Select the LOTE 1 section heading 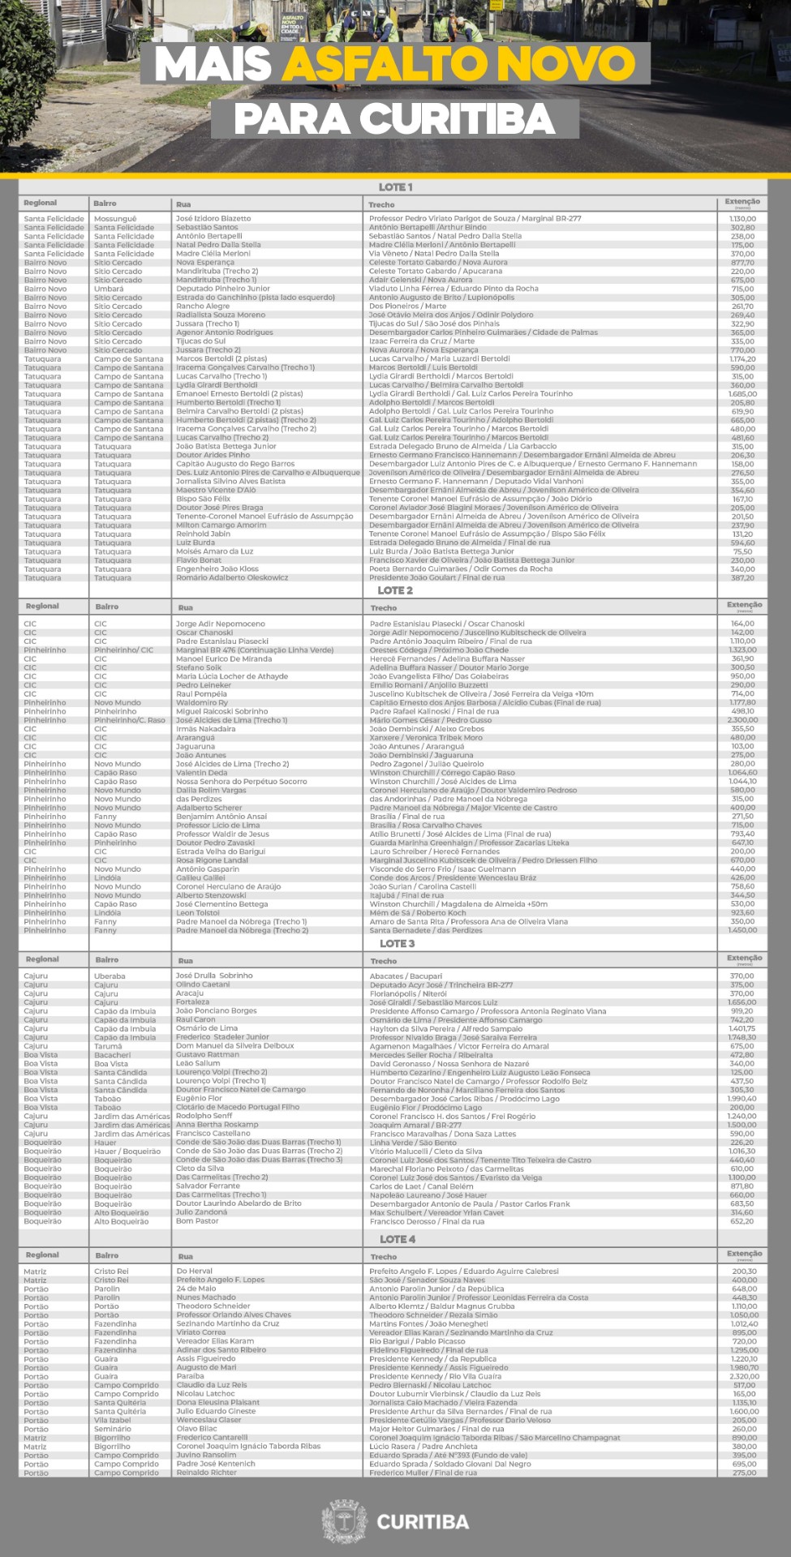(x=395, y=187)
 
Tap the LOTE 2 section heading (x=395, y=590)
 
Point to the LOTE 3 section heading (x=397, y=943)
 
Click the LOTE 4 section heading (x=397, y=1239)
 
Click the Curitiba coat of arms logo (x=344, y=1521)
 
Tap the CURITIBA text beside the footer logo (x=423, y=1521)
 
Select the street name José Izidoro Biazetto (x=213, y=218)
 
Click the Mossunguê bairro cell (x=115, y=218)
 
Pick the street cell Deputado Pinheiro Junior (x=223, y=289)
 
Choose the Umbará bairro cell (x=109, y=289)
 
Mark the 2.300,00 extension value (x=742, y=720)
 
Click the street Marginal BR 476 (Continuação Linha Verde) (x=255, y=650)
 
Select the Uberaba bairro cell (x=110, y=976)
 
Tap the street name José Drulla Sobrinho (x=214, y=976)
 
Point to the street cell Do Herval (x=195, y=1271)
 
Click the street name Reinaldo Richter (x=207, y=1473)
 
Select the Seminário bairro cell (x=112, y=1429)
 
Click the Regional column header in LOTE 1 (x=41, y=203)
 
